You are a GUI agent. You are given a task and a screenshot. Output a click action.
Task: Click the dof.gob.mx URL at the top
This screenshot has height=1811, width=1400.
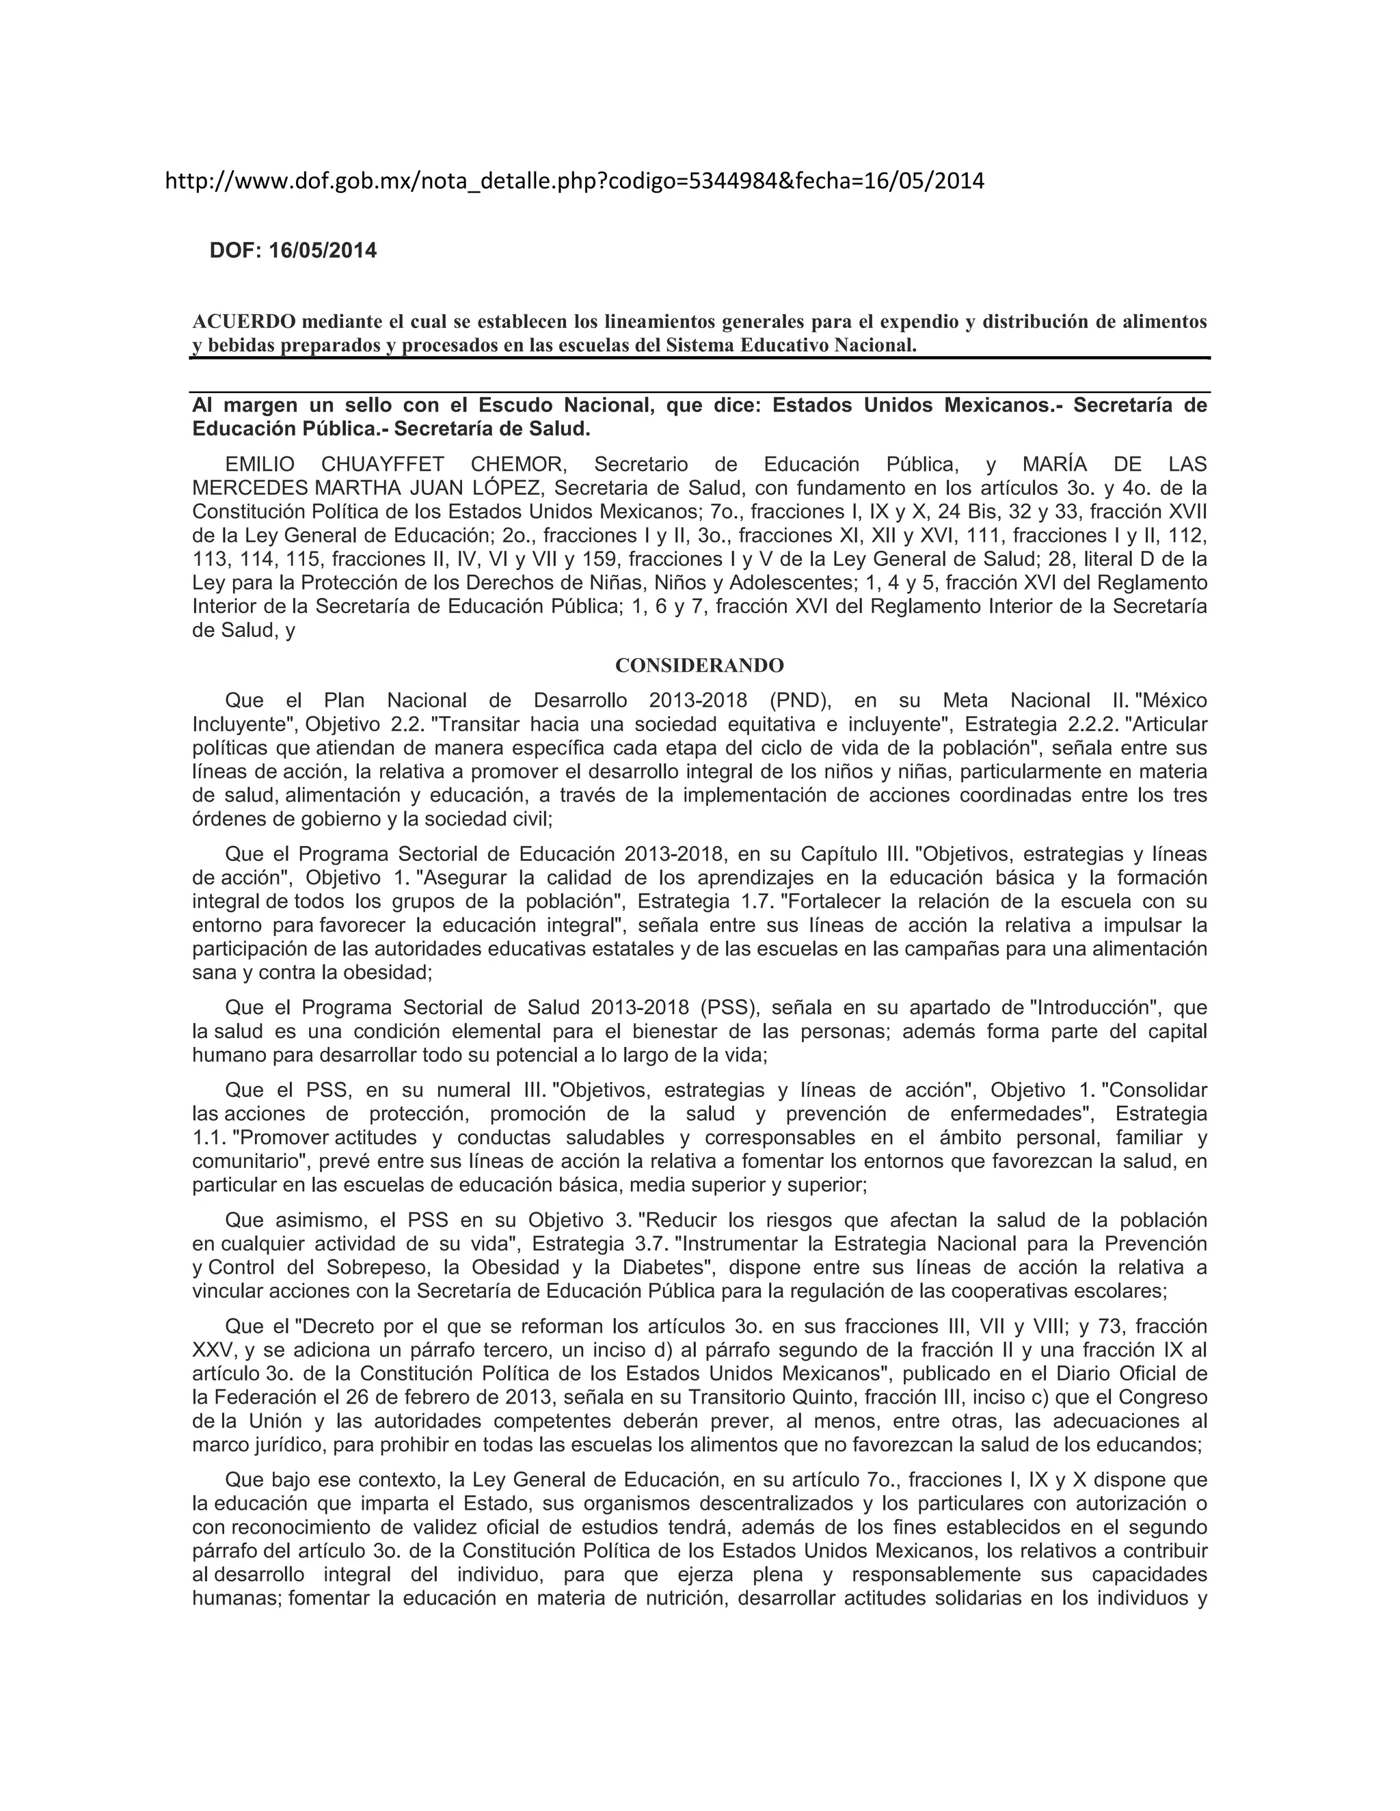point(575,182)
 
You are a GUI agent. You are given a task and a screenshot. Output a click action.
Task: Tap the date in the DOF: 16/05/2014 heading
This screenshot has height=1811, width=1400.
point(323,250)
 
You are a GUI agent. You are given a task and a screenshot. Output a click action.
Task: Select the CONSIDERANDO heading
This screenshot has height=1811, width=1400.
point(699,665)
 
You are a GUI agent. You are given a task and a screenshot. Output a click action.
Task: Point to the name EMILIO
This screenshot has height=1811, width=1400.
point(259,463)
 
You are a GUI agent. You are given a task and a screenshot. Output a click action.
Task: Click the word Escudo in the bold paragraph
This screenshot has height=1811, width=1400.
point(517,405)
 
